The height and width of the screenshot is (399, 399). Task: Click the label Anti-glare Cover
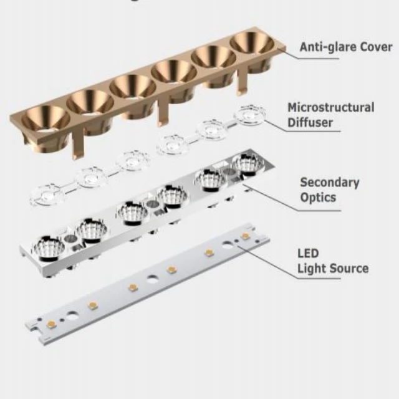345,47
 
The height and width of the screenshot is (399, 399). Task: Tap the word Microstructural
331,107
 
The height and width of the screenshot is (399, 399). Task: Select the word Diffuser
310,122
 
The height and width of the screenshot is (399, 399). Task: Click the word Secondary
330,183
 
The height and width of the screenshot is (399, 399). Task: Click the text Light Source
332,269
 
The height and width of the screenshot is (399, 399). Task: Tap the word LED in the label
308,254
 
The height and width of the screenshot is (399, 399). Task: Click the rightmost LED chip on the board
246,236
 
